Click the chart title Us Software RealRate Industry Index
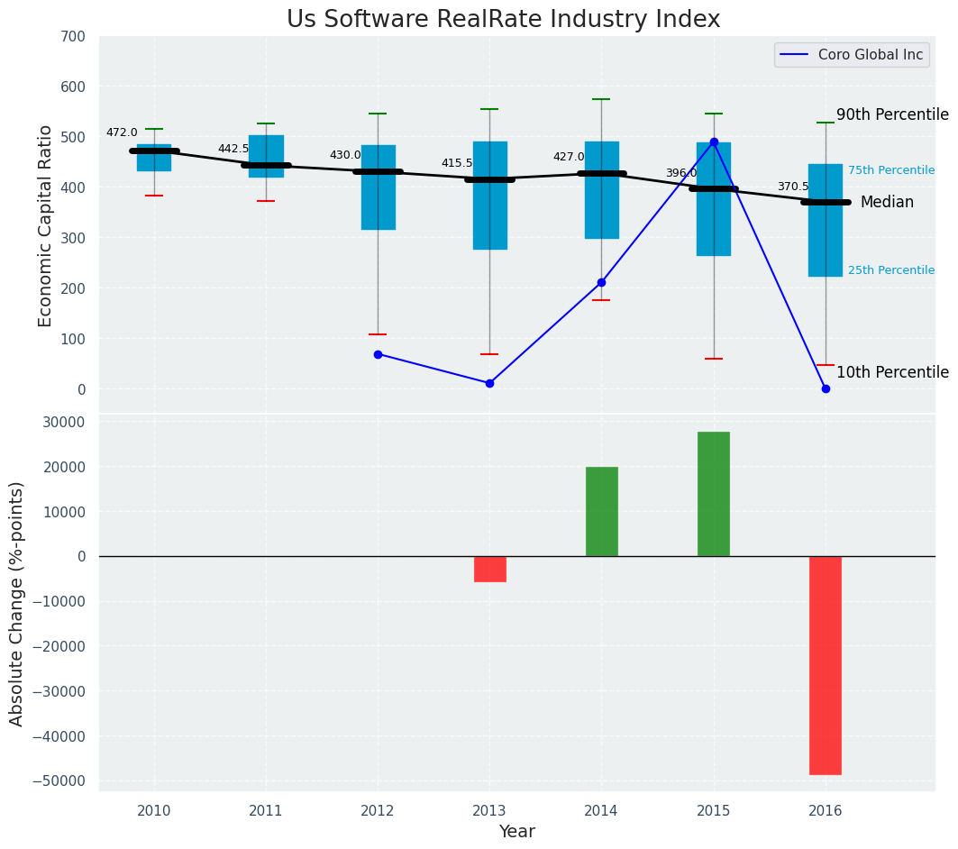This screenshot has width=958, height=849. tap(503, 20)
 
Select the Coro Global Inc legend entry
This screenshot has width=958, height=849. tap(851, 55)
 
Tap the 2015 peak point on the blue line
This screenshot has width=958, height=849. tap(714, 141)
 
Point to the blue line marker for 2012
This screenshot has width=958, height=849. tap(378, 354)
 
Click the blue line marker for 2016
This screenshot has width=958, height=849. tap(826, 388)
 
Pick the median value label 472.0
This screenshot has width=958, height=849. tap(122, 132)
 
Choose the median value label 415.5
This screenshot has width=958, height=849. tap(457, 163)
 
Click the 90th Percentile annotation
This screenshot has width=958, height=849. tap(891, 115)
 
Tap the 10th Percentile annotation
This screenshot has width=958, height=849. tap(891, 373)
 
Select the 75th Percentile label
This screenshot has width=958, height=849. tap(890, 170)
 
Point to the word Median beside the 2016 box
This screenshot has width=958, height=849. tap(887, 203)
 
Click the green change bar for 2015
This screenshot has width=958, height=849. tap(714, 494)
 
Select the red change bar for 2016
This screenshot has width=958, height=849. tap(826, 665)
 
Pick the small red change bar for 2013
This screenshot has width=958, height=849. tap(490, 569)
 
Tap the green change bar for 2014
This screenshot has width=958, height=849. tap(602, 511)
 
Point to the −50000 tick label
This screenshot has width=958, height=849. tap(59, 781)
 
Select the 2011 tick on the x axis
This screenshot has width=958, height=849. tap(266, 810)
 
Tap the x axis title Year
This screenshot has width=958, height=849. tap(516, 832)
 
